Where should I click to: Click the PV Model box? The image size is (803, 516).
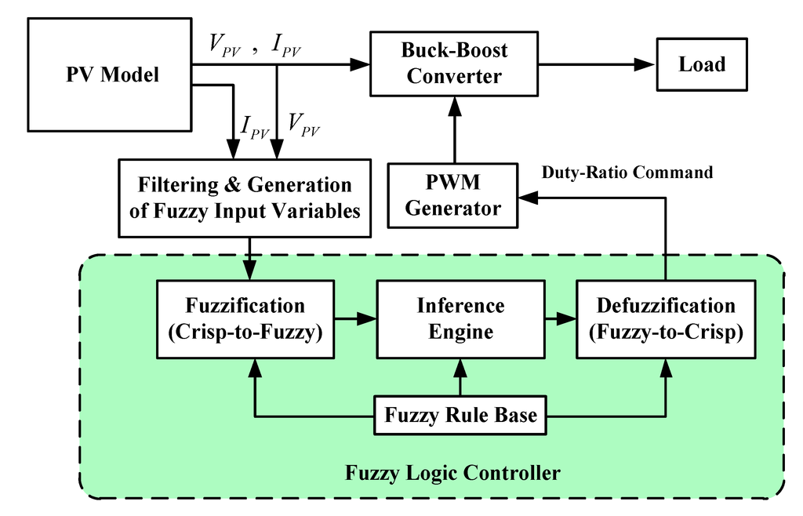point(111,75)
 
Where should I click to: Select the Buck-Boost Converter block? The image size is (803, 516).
point(454,64)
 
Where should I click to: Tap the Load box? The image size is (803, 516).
point(702,64)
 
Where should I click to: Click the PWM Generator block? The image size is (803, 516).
point(453,197)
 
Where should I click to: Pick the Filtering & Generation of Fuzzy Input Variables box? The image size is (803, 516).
point(245,198)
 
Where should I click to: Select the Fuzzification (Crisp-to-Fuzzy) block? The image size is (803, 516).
point(245,318)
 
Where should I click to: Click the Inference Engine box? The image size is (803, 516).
point(460,318)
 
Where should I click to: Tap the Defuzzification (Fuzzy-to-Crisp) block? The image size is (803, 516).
point(666,318)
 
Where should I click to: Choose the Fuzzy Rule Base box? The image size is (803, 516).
point(460,414)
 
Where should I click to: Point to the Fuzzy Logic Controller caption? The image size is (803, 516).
point(452,473)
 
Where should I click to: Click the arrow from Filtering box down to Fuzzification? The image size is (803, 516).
point(250,259)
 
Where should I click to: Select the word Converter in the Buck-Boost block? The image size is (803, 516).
point(454,77)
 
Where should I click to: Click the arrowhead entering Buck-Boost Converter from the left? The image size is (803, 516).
point(361,64)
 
